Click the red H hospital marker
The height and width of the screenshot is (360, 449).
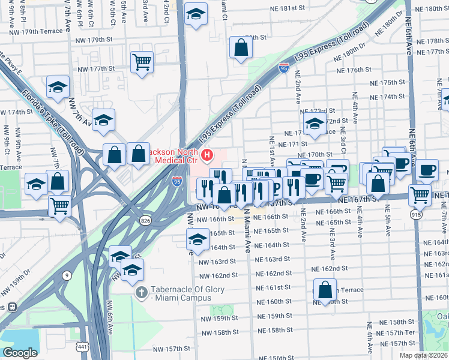(207, 156)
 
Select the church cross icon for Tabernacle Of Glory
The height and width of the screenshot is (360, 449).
(141, 294)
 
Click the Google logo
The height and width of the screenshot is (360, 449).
(20, 353)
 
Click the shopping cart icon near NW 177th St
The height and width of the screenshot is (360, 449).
(142, 61)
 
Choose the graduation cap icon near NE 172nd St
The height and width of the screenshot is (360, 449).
(314, 124)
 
